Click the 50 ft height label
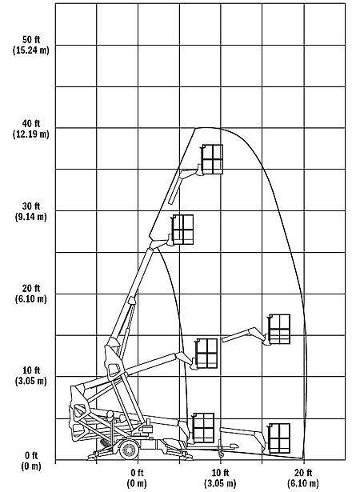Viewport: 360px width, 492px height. tap(31, 40)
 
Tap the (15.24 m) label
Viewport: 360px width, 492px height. tap(31, 50)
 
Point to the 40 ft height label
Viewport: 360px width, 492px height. tap(31, 124)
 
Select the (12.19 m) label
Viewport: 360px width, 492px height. tap(31, 134)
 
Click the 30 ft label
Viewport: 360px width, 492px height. tap(31, 206)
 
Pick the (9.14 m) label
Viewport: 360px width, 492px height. tap(31, 217)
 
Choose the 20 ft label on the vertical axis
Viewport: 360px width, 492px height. tap(31, 289)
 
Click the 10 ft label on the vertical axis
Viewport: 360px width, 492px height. tap(31, 370)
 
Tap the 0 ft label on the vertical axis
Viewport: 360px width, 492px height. tap(31, 455)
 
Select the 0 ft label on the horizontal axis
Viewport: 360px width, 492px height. tap(138, 473)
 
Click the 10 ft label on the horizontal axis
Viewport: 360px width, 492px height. tap(220, 473)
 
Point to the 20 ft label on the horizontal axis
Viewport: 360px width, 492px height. tap(303, 473)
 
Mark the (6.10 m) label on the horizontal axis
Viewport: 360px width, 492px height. tap(303, 483)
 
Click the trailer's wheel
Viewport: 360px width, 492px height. tap(130, 450)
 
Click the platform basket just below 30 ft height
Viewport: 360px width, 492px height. tap(182, 230)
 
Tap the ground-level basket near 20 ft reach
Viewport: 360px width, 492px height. tap(279, 438)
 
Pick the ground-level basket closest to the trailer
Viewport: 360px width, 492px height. tap(203, 428)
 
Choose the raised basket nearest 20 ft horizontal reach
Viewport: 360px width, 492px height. tap(279, 329)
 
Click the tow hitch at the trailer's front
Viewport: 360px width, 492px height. tap(228, 447)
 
